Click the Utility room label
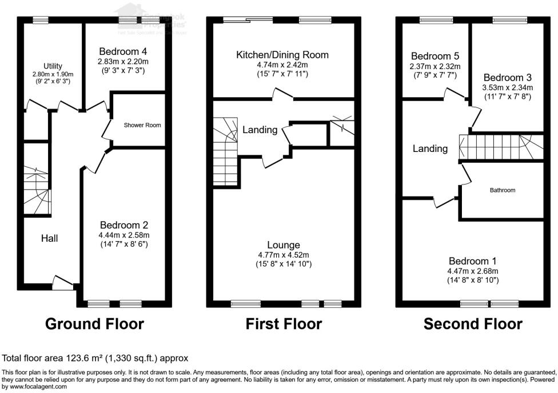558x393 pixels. click(53, 66)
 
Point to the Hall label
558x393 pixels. click(49, 238)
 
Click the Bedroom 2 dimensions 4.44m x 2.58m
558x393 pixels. click(124, 235)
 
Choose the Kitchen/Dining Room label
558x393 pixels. click(282, 55)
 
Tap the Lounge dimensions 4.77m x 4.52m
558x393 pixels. click(282, 255)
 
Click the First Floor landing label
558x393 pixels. click(260, 130)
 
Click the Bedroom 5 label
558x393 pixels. click(435, 57)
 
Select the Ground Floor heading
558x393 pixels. click(94, 324)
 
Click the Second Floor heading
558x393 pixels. click(473, 324)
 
